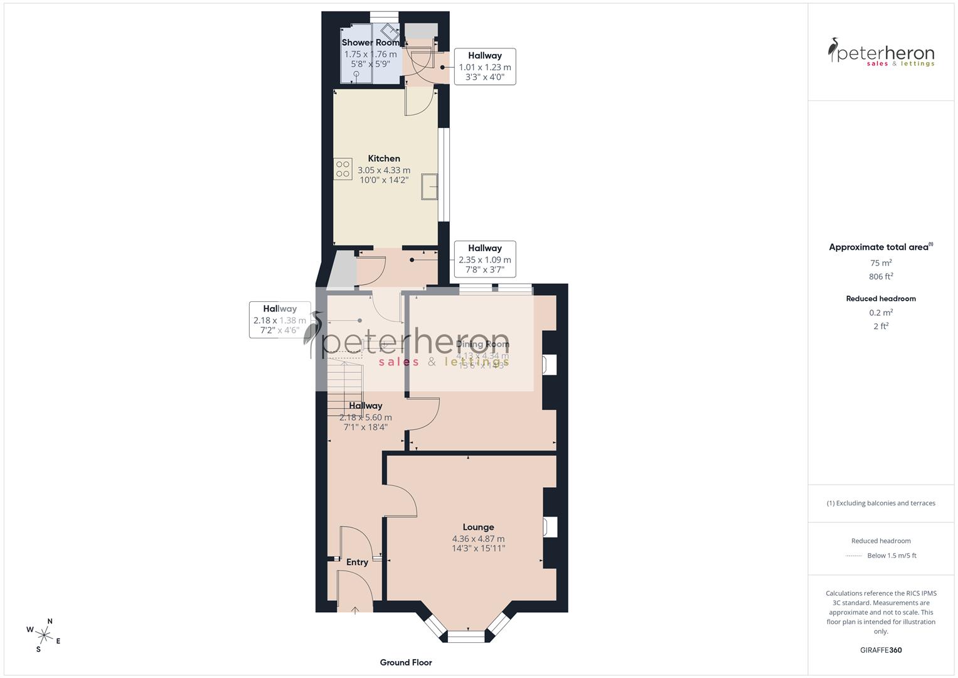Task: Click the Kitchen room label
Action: point(383,159)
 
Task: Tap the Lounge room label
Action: point(478,527)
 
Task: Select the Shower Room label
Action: point(370,43)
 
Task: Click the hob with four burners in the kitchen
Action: point(343,169)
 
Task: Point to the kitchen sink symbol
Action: point(430,186)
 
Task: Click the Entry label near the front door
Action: point(357,562)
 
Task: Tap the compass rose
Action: point(44,634)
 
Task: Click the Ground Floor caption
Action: point(406,662)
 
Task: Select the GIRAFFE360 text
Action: point(881,650)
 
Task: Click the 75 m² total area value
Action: point(881,263)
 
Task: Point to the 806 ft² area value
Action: point(881,276)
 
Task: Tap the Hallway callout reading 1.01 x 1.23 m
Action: point(484,67)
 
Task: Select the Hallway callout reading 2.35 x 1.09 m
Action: point(484,259)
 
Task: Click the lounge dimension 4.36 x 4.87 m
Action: point(478,539)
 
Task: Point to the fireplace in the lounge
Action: point(550,527)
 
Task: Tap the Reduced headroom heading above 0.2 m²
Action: point(881,299)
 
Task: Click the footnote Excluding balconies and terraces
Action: point(881,503)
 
